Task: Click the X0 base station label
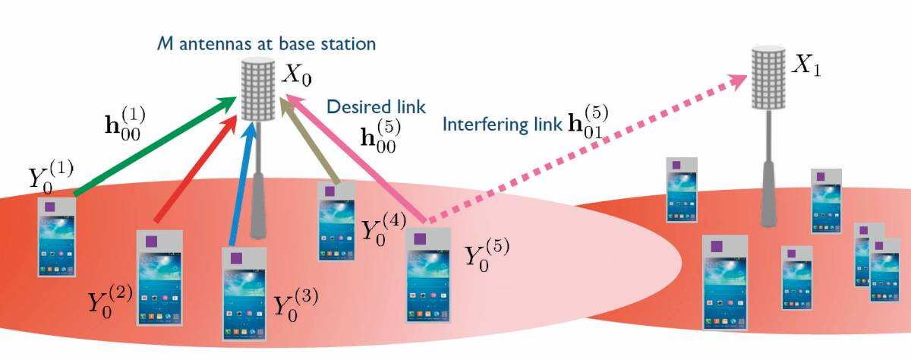click(x=298, y=74)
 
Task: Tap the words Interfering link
click(x=502, y=124)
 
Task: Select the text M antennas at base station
click(x=266, y=44)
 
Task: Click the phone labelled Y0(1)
click(x=57, y=236)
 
